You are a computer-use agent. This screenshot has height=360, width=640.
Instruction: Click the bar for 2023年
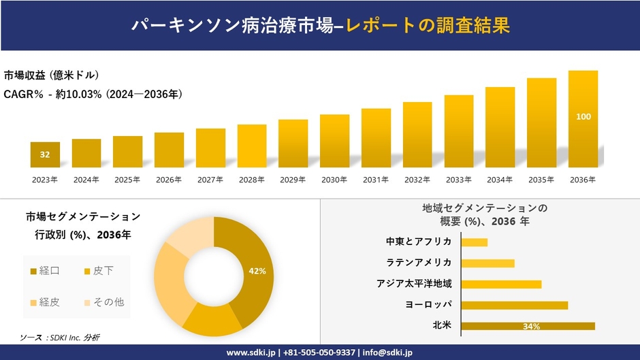[x=45, y=154]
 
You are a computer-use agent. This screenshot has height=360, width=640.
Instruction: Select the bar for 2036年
[x=583, y=119]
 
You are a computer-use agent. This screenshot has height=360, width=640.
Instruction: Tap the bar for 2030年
[x=334, y=141]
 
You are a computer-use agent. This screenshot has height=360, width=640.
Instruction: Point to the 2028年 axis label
[x=251, y=180]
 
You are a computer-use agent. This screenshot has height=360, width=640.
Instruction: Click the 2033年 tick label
[x=458, y=180]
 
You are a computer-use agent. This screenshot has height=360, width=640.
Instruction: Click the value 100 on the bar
[x=583, y=116]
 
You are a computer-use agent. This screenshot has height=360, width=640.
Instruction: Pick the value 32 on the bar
[x=45, y=154]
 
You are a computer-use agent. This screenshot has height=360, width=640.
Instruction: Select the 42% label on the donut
[x=257, y=271]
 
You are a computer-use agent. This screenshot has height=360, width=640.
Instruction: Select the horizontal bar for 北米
[x=528, y=326]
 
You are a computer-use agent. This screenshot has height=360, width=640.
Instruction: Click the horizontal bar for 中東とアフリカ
[x=474, y=242]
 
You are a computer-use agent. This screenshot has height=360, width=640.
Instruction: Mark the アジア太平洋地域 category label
[x=414, y=284]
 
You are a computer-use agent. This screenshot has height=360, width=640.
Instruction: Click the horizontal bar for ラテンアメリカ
[x=487, y=263]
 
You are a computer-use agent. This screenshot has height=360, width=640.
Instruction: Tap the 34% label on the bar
[x=532, y=327]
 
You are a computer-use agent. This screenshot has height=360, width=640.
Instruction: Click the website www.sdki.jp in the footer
[x=250, y=353]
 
